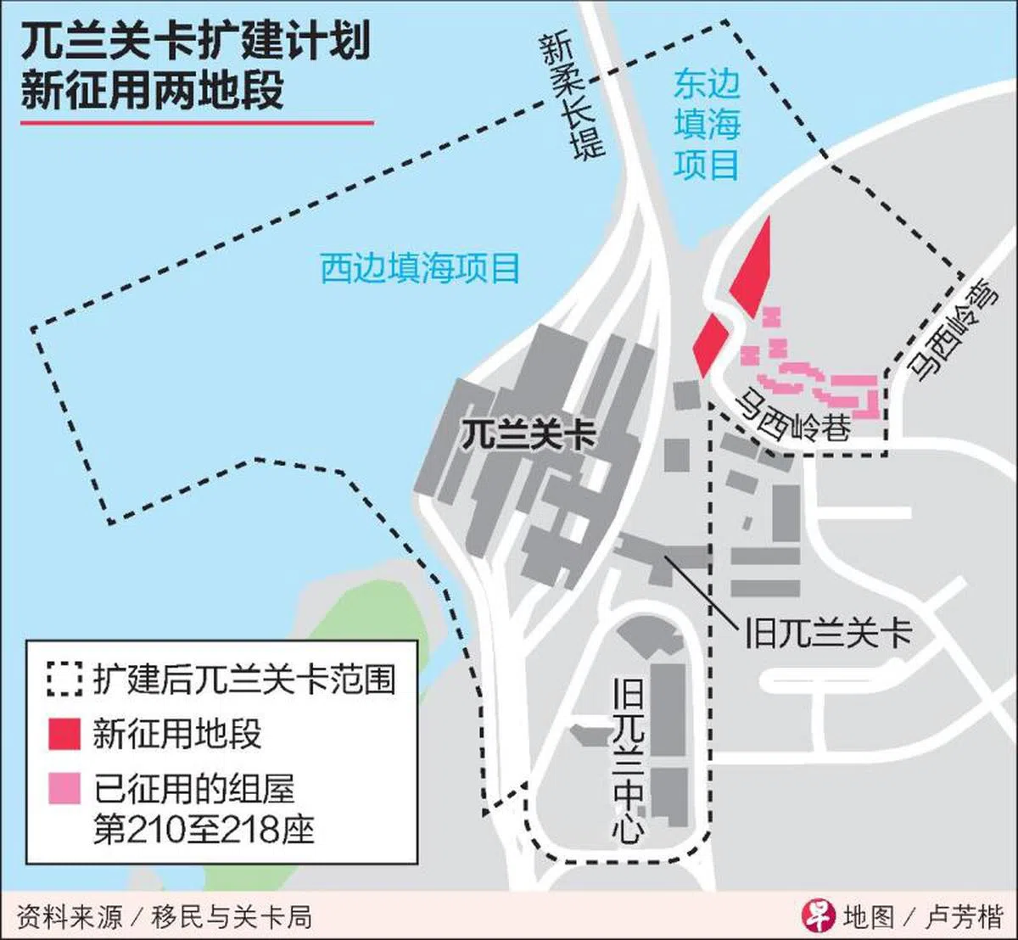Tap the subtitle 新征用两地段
point(153,91)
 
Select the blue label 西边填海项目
point(420,269)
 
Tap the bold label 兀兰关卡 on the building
point(528,435)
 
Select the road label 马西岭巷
point(792,416)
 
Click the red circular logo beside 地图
point(818,915)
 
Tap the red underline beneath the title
point(197,124)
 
